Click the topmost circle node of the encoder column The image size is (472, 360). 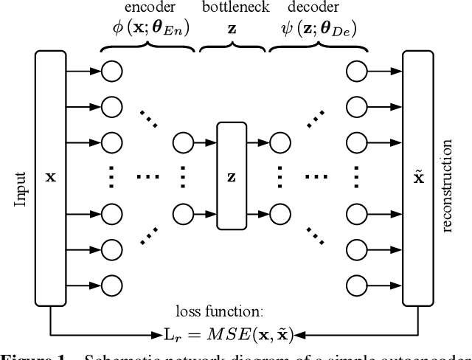[111, 71]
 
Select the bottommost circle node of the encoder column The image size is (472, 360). [111, 283]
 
